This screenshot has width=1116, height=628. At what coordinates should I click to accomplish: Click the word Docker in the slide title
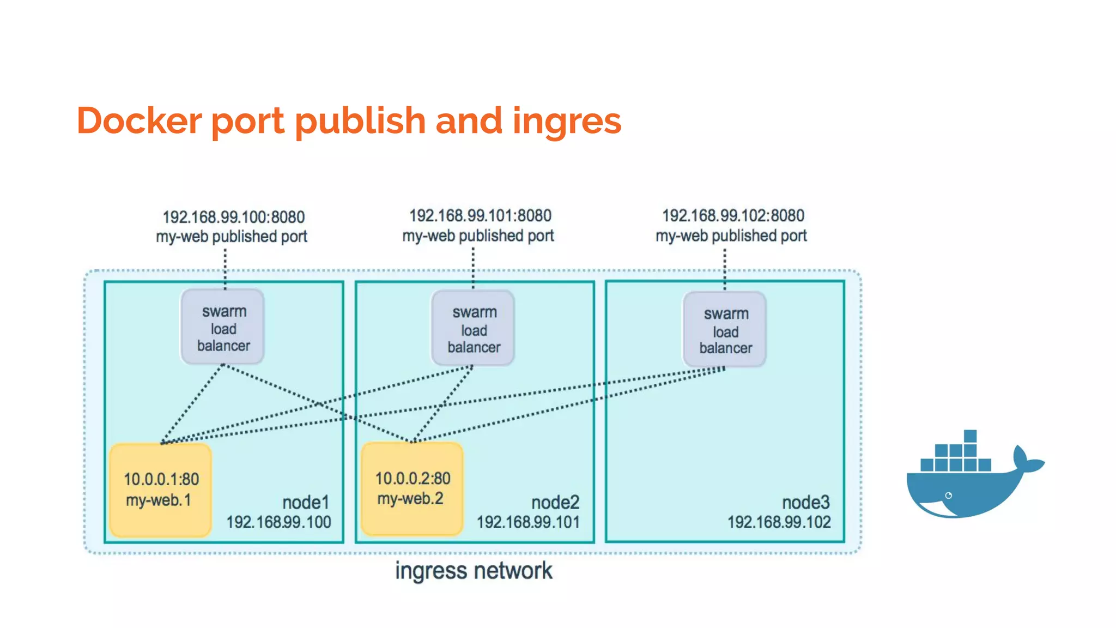(x=139, y=120)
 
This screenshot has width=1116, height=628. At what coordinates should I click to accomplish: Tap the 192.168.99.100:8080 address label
(x=233, y=217)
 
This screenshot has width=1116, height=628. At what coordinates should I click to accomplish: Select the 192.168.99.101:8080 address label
(x=480, y=216)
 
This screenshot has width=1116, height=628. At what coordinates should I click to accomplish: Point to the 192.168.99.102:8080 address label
(x=733, y=216)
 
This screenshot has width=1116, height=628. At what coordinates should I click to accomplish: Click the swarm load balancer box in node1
(x=223, y=328)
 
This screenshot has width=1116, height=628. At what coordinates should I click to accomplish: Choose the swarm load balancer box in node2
(x=473, y=329)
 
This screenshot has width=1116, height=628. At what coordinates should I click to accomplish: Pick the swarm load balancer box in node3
(x=725, y=330)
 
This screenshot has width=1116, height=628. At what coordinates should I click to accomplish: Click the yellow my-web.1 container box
(x=160, y=490)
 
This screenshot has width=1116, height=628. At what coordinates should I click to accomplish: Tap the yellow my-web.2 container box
(x=412, y=489)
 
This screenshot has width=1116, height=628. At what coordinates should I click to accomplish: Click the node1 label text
(x=305, y=502)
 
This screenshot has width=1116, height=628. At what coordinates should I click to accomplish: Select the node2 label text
(x=555, y=502)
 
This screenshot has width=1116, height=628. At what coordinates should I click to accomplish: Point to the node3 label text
(x=805, y=502)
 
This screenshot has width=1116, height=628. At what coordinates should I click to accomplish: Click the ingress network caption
(x=473, y=571)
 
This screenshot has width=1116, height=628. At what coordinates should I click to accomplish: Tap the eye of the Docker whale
(x=949, y=496)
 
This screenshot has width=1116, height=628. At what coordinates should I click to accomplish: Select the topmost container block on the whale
(x=970, y=436)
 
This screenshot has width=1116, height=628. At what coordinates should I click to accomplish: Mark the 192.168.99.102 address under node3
(x=779, y=522)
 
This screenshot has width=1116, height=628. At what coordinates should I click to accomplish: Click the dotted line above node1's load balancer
(x=225, y=269)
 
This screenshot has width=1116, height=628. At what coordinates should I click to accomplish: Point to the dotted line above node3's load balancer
(x=725, y=269)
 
